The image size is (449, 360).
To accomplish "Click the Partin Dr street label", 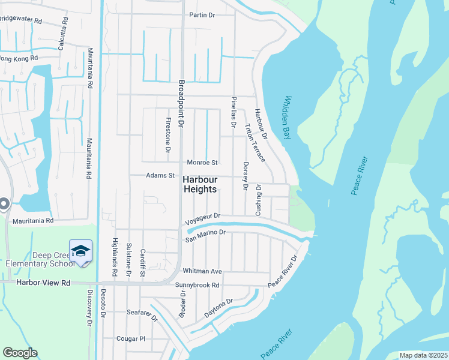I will pyautogui.click(x=202, y=14).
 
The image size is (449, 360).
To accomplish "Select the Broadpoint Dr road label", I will pyautogui.click(x=182, y=103).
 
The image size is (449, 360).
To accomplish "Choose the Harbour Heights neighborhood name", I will pyautogui.click(x=199, y=184).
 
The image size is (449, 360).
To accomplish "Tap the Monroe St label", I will pyautogui.click(x=202, y=163).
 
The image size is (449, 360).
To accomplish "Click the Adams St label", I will pyautogui.click(x=160, y=176).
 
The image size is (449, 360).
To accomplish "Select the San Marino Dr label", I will pyautogui.click(x=205, y=236).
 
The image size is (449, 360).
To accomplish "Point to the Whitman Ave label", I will pyautogui.click(x=203, y=271).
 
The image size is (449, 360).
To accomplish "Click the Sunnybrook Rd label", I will pyautogui.click(x=197, y=285).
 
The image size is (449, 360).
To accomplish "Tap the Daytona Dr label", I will pyautogui.click(x=218, y=308).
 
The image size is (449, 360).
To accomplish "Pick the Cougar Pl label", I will pyautogui.click(x=131, y=338).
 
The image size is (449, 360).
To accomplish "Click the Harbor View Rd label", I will pyautogui.click(x=44, y=282).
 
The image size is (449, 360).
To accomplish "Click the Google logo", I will pyautogui.click(x=20, y=353).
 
